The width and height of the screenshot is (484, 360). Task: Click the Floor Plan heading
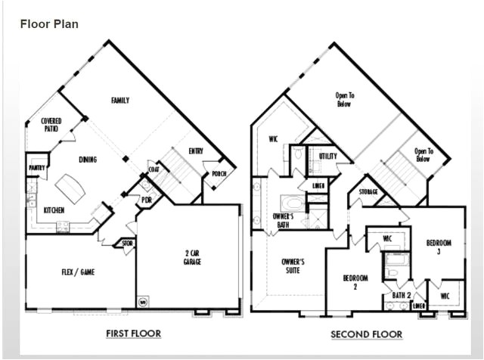[49, 24]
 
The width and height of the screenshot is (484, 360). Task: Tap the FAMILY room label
[119, 101]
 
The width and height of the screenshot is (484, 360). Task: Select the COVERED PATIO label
[51, 125]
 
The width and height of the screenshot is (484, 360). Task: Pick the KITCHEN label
[54, 210]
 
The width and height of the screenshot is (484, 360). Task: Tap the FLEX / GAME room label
[78, 272]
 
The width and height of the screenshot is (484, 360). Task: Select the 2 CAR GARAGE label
[192, 257]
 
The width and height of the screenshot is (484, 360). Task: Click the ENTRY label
[196, 151]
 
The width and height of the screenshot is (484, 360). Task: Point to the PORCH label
[219, 174]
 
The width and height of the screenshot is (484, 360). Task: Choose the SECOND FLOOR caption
[367, 334]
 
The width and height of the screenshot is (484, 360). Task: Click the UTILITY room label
[327, 156]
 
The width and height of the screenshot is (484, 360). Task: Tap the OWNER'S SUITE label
[293, 265]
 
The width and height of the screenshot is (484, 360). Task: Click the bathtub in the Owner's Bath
[292, 203]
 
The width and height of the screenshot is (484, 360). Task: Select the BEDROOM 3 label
[440, 247]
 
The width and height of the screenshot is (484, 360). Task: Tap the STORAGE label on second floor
[368, 191]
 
